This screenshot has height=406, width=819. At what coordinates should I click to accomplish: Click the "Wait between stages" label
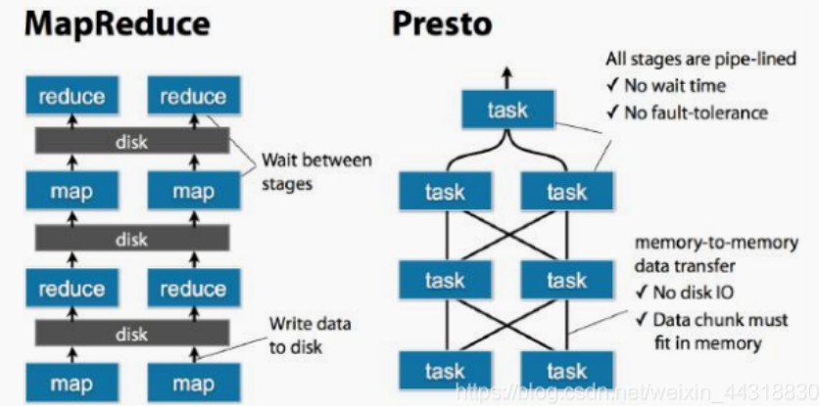click(315, 169)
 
